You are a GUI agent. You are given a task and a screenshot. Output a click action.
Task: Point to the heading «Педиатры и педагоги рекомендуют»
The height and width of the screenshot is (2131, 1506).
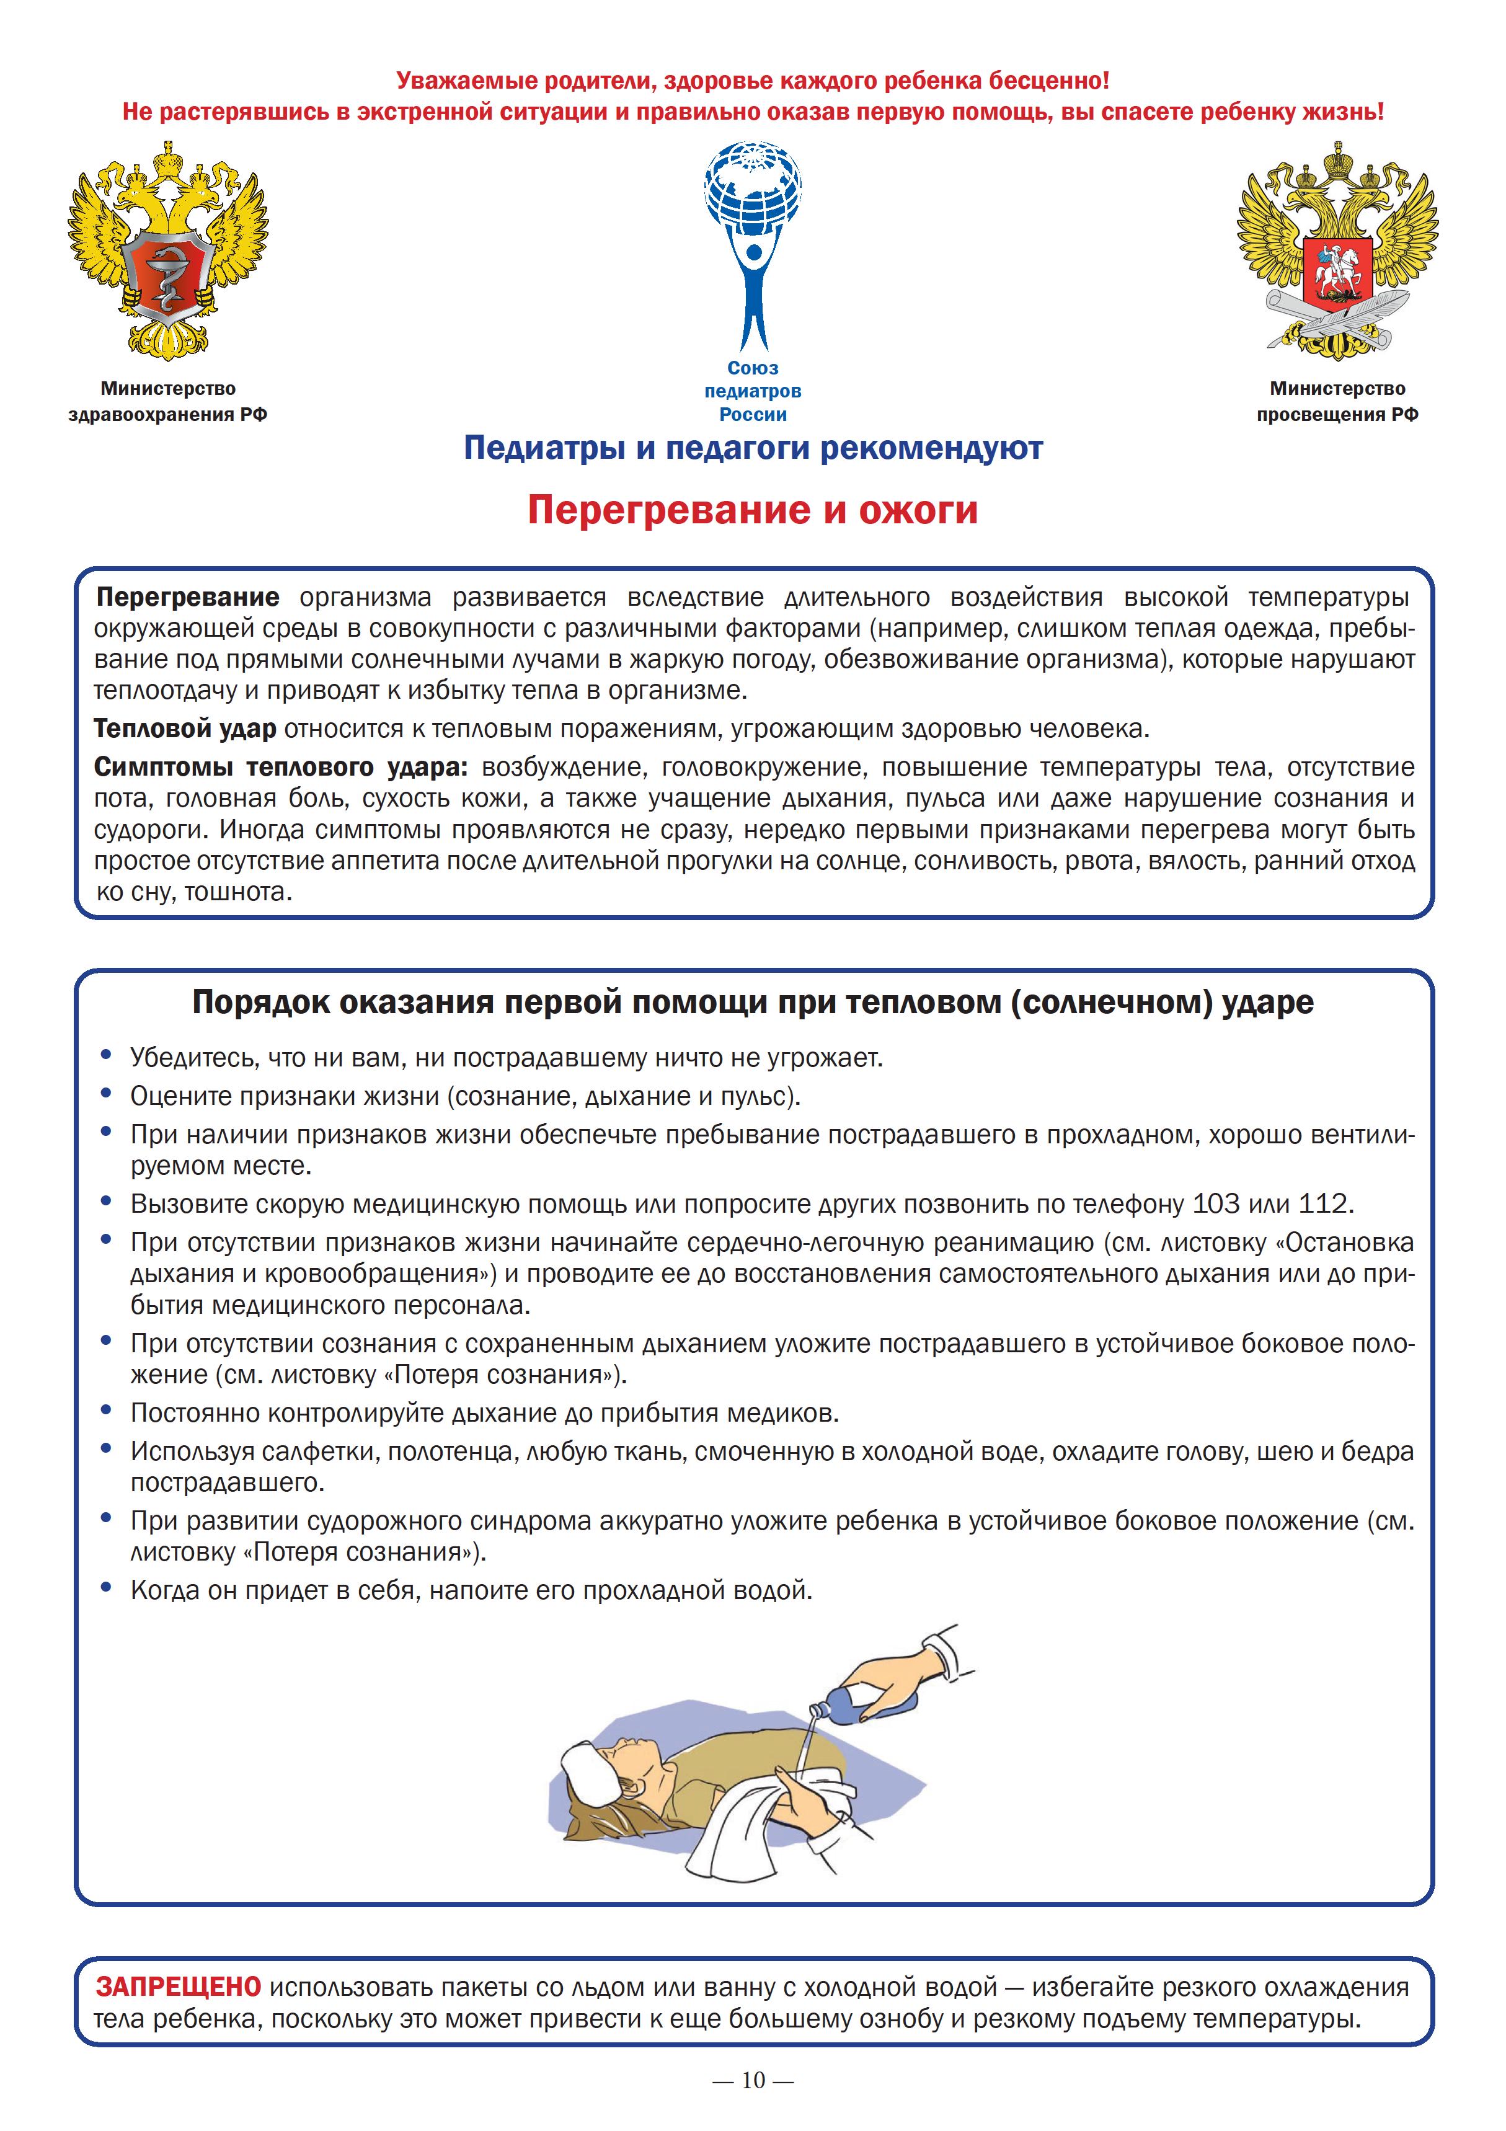[x=753, y=450]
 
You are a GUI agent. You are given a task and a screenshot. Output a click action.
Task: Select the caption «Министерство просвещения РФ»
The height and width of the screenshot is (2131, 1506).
[x=1337, y=402]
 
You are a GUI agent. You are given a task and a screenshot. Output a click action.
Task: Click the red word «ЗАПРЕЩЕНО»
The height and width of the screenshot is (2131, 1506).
[x=178, y=1987]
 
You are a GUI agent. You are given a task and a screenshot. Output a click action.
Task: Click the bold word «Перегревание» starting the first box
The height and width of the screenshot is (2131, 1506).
[x=187, y=597]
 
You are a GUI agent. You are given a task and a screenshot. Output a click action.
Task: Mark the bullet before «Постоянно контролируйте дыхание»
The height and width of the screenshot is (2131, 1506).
[x=107, y=1412]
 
